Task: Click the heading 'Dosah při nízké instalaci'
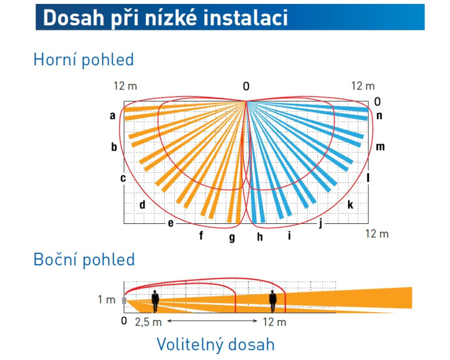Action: tap(165, 18)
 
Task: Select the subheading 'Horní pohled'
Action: tap(83, 60)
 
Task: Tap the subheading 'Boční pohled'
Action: tap(84, 259)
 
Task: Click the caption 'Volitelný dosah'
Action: tap(215, 344)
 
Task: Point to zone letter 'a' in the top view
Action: tap(112, 116)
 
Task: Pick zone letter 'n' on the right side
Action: tap(379, 115)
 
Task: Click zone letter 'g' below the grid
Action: tap(232, 238)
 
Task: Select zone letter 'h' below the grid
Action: tap(260, 237)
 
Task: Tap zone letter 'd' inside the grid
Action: tap(142, 205)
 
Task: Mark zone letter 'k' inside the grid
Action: tap(350, 205)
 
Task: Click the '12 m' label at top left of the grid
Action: tap(125, 86)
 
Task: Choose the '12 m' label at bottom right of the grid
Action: tap(377, 233)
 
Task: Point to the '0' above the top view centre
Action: tap(246, 87)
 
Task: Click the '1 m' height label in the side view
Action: tap(106, 299)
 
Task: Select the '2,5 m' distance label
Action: tap(148, 322)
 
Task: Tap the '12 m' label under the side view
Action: tap(274, 322)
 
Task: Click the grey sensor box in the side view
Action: tap(124, 300)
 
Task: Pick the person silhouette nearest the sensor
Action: tap(155, 301)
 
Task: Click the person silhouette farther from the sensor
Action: tap(273, 301)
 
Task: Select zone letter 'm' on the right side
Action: tap(380, 146)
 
